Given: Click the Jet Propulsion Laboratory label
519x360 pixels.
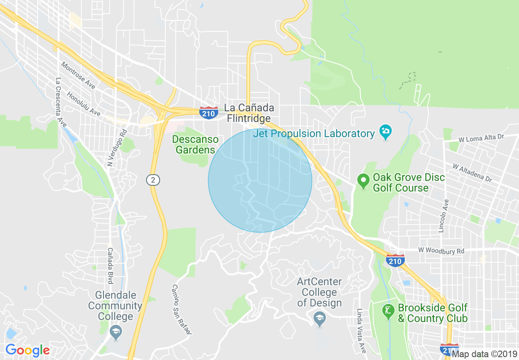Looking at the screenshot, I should click(x=314, y=133).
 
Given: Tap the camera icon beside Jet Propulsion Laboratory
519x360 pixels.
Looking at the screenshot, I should click(x=386, y=132).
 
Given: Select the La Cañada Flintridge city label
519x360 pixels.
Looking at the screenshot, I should click(x=249, y=113).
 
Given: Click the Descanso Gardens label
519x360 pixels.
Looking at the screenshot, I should click(x=195, y=144).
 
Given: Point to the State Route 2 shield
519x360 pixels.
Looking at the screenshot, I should click(x=153, y=180).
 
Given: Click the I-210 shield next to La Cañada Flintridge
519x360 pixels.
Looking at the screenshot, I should click(x=209, y=112).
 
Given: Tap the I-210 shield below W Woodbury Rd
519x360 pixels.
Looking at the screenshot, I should click(x=395, y=260).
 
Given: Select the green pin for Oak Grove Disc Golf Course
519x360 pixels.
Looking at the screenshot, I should click(x=363, y=180).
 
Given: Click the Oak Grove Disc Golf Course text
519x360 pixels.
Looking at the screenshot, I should click(x=408, y=183).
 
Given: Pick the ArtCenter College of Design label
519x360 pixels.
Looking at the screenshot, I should click(x=319, y=292).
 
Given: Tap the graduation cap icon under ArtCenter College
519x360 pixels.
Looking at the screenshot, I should click(x=319, y=317).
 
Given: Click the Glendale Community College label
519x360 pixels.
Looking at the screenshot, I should click(x=115, y=306).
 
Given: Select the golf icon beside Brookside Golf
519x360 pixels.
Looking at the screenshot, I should click(x=388, y=312).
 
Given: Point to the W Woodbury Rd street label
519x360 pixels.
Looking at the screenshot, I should click(x=441, y=250).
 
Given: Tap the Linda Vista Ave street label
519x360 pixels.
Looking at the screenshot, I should click(x=361, y=331).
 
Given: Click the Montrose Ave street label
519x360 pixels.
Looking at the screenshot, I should click(x=78, y=76).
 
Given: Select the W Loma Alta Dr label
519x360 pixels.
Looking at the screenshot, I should click(x=481, y=138).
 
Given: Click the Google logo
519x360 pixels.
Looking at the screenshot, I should click(x=27, y=350).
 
